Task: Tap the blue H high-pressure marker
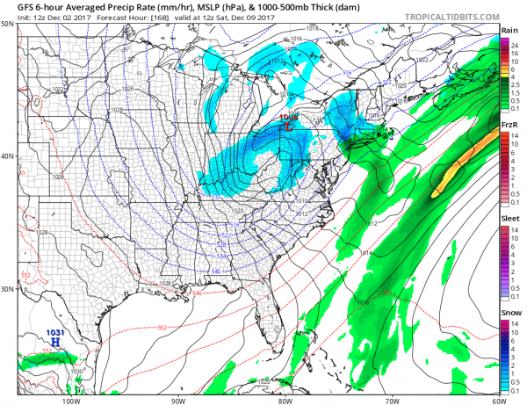pyautogui.click(x=55, y=340)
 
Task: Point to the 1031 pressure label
pyautogui.click(x=54, y=331)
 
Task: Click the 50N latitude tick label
pyautogui.click(x=7, y=24)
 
